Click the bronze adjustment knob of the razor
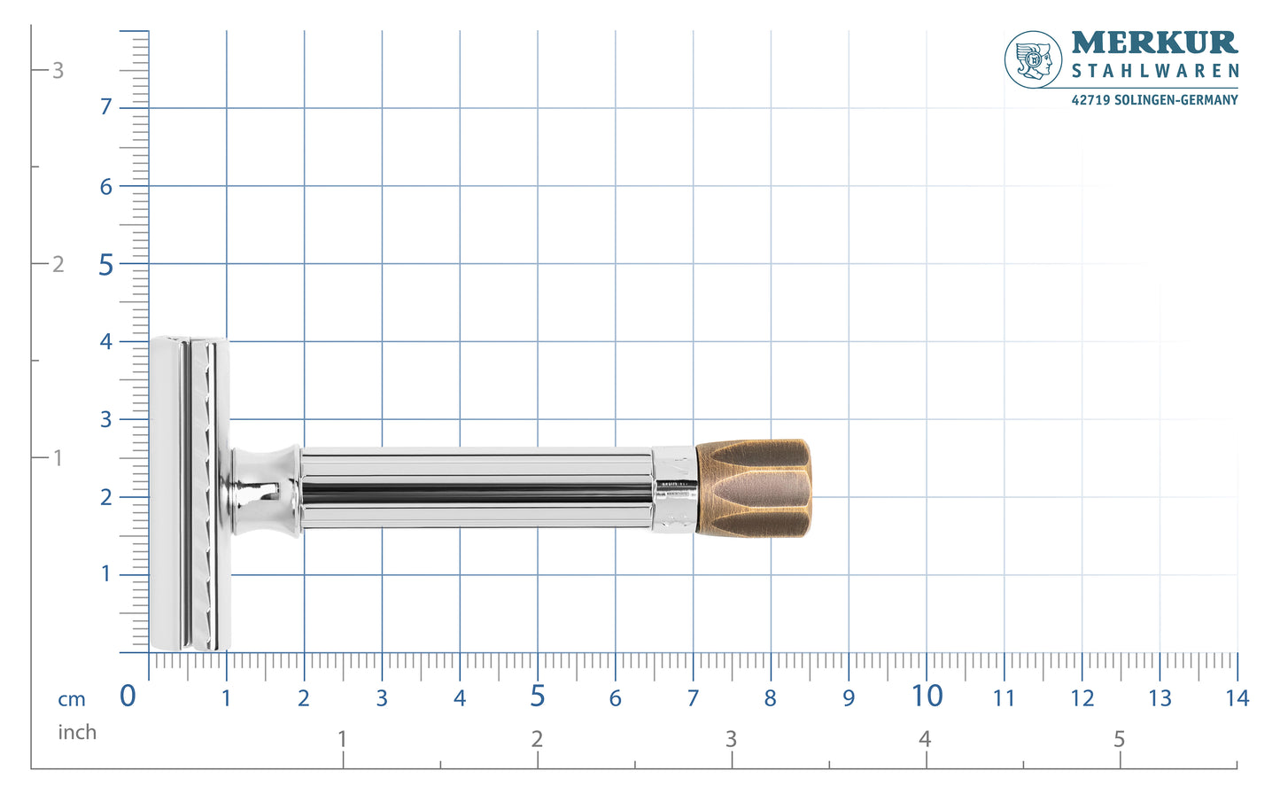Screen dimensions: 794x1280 [753, 488]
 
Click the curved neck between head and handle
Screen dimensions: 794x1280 [263, 490]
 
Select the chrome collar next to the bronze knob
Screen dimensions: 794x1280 [674, 489]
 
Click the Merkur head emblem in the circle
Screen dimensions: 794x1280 [1033, 59]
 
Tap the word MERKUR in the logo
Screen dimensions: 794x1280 [1153, 43]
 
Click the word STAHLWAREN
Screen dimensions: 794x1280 [1154, 71]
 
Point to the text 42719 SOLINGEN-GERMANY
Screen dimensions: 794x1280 [1154, 100]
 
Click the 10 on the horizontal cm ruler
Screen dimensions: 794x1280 [927, 697]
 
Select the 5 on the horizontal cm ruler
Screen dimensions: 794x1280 [537, 697]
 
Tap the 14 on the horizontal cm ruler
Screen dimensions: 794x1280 [1237, 698]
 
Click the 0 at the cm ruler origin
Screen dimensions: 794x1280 [128, 697]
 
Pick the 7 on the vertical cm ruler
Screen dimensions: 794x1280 [106, 107]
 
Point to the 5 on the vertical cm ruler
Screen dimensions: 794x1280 [106, 265]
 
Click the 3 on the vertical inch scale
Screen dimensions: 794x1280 [58, 70]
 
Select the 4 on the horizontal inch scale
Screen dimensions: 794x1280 [925, 738]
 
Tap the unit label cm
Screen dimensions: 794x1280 [72, 699]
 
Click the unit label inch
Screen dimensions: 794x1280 [77, 732]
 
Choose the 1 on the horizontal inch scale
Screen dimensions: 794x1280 [342, 738]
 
